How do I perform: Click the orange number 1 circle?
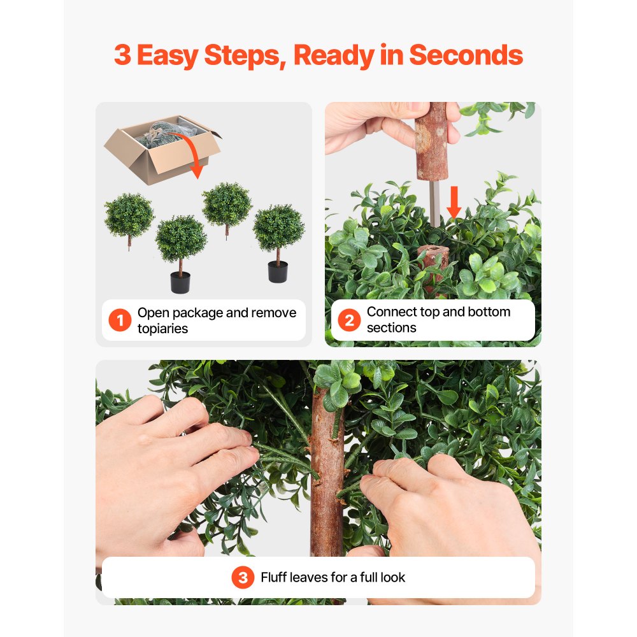pos(120,320)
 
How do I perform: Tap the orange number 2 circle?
pos(349,320)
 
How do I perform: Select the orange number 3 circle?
pos(243,578)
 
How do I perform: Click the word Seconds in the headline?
pos(466,56)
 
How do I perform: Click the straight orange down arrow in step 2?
pos(454,203)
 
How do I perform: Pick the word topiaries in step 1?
pos(162,329)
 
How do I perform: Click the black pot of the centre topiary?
pos(180,282)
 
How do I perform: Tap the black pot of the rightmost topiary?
pos(278,272)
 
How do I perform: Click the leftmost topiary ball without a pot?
pos(129,215)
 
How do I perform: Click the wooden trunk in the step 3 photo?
pos(327,484)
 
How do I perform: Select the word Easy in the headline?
pos(168,56)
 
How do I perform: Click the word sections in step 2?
pos(392,328)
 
